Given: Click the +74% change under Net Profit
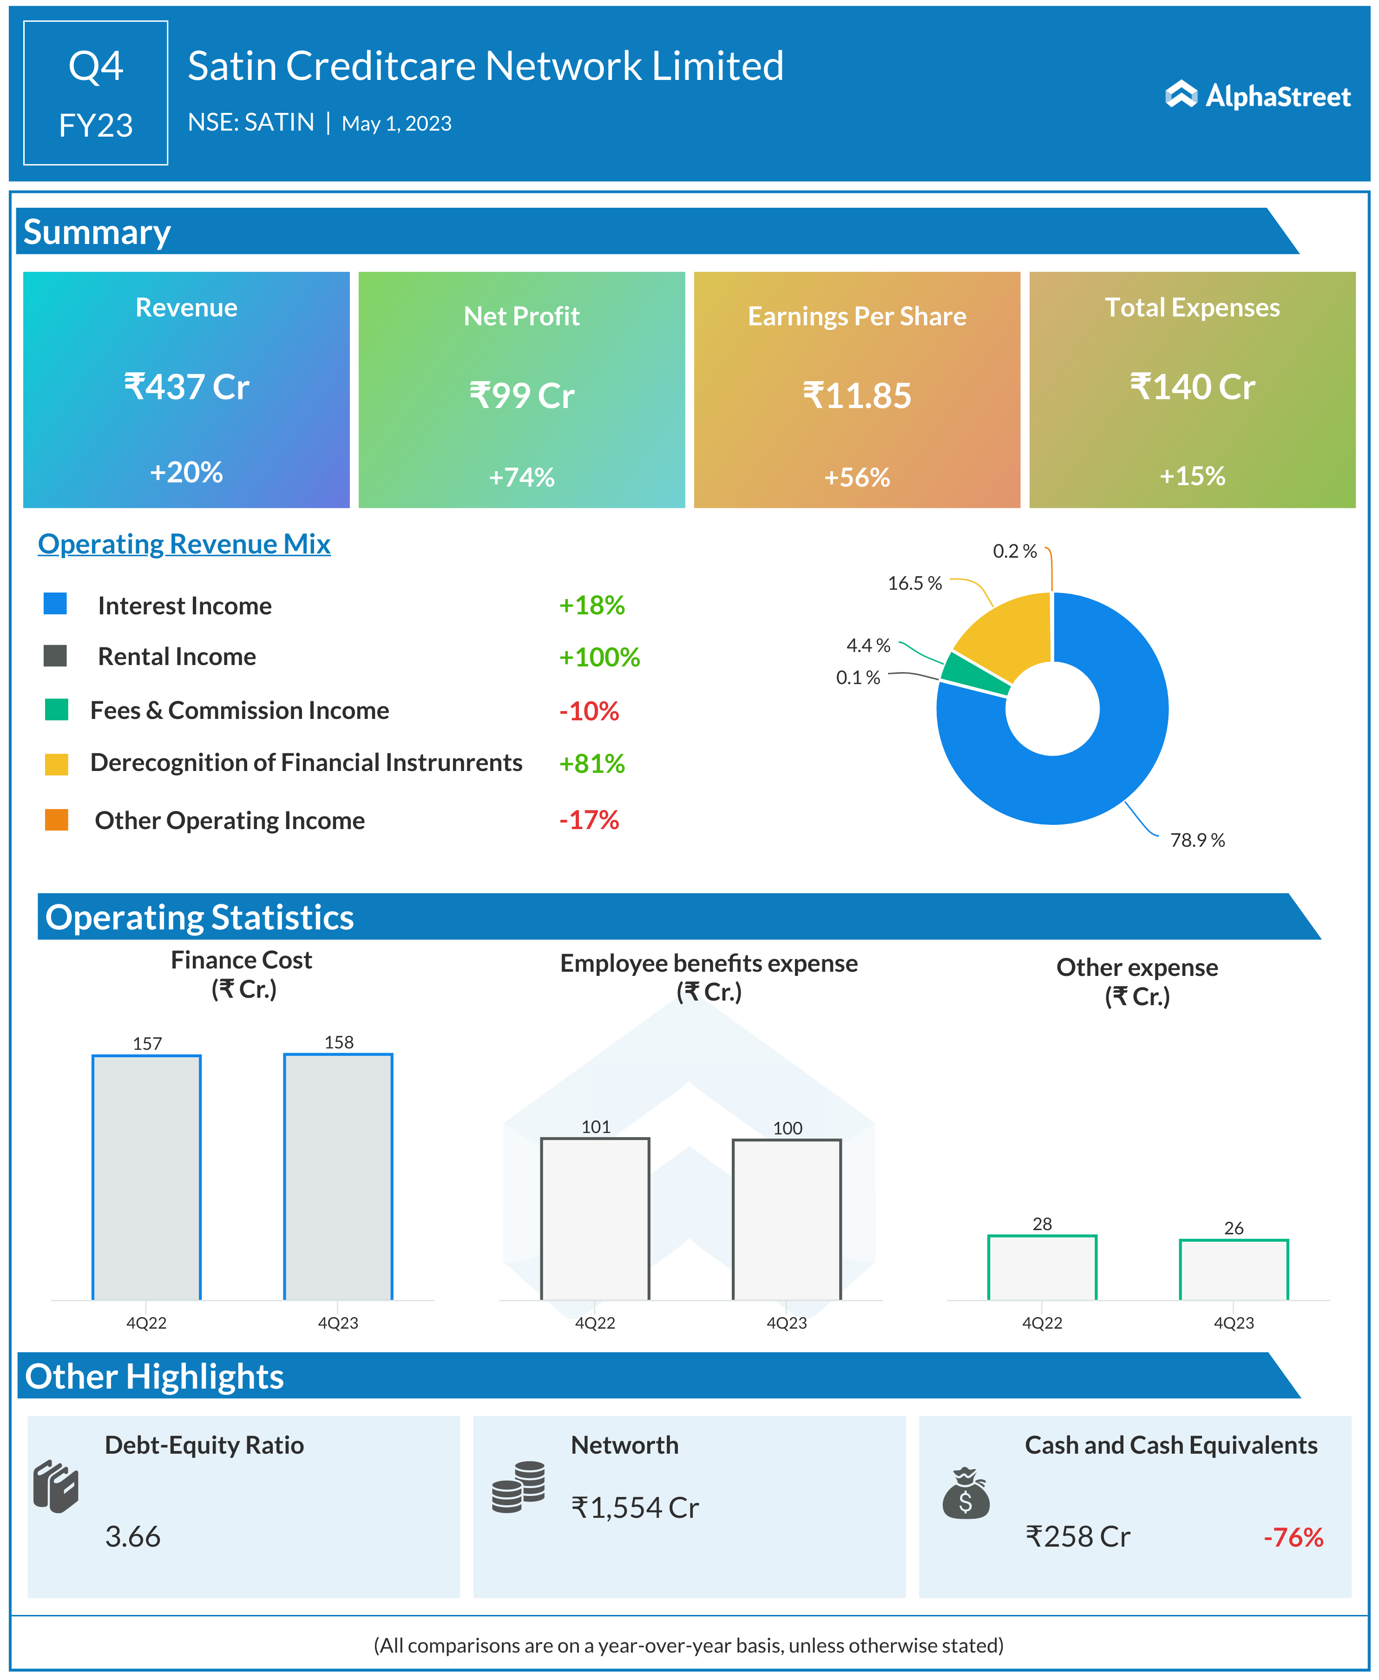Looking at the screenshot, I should pyautogui.click(x=521, y=477).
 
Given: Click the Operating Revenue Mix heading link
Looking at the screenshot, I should pyautogui.click(x=184, y=544).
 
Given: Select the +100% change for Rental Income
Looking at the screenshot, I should pyautogui.click(x=599, y=657).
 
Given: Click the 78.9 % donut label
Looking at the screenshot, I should pyautogui.click(x=1197, y=840).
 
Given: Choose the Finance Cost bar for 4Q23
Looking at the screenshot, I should pyautogui.click(x=338, y=1177).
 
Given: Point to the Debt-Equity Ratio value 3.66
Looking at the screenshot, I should pyautogui.click(x=133, y=1536).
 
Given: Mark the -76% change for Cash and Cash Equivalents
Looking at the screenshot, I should pyautogui.click(x=1293, y=1537).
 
